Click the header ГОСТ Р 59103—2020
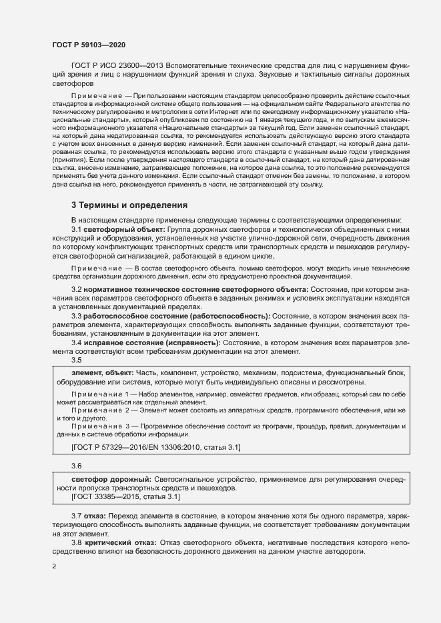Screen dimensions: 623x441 point(88,45)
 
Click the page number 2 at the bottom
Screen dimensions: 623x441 point(54,567)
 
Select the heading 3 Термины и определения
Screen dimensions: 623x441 point(129,205)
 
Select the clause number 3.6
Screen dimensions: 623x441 point(77,465)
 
